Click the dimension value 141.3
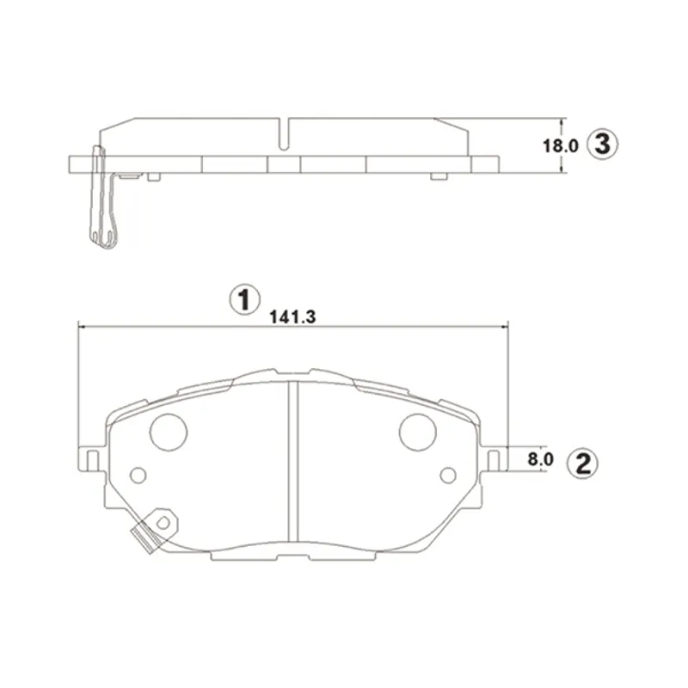292,316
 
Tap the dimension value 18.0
561,145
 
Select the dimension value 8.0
541,459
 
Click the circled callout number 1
245,300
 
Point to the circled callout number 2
583,464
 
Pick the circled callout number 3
603,144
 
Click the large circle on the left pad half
169,432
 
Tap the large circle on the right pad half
418,432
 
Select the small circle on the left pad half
138,476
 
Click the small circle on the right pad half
448,476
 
